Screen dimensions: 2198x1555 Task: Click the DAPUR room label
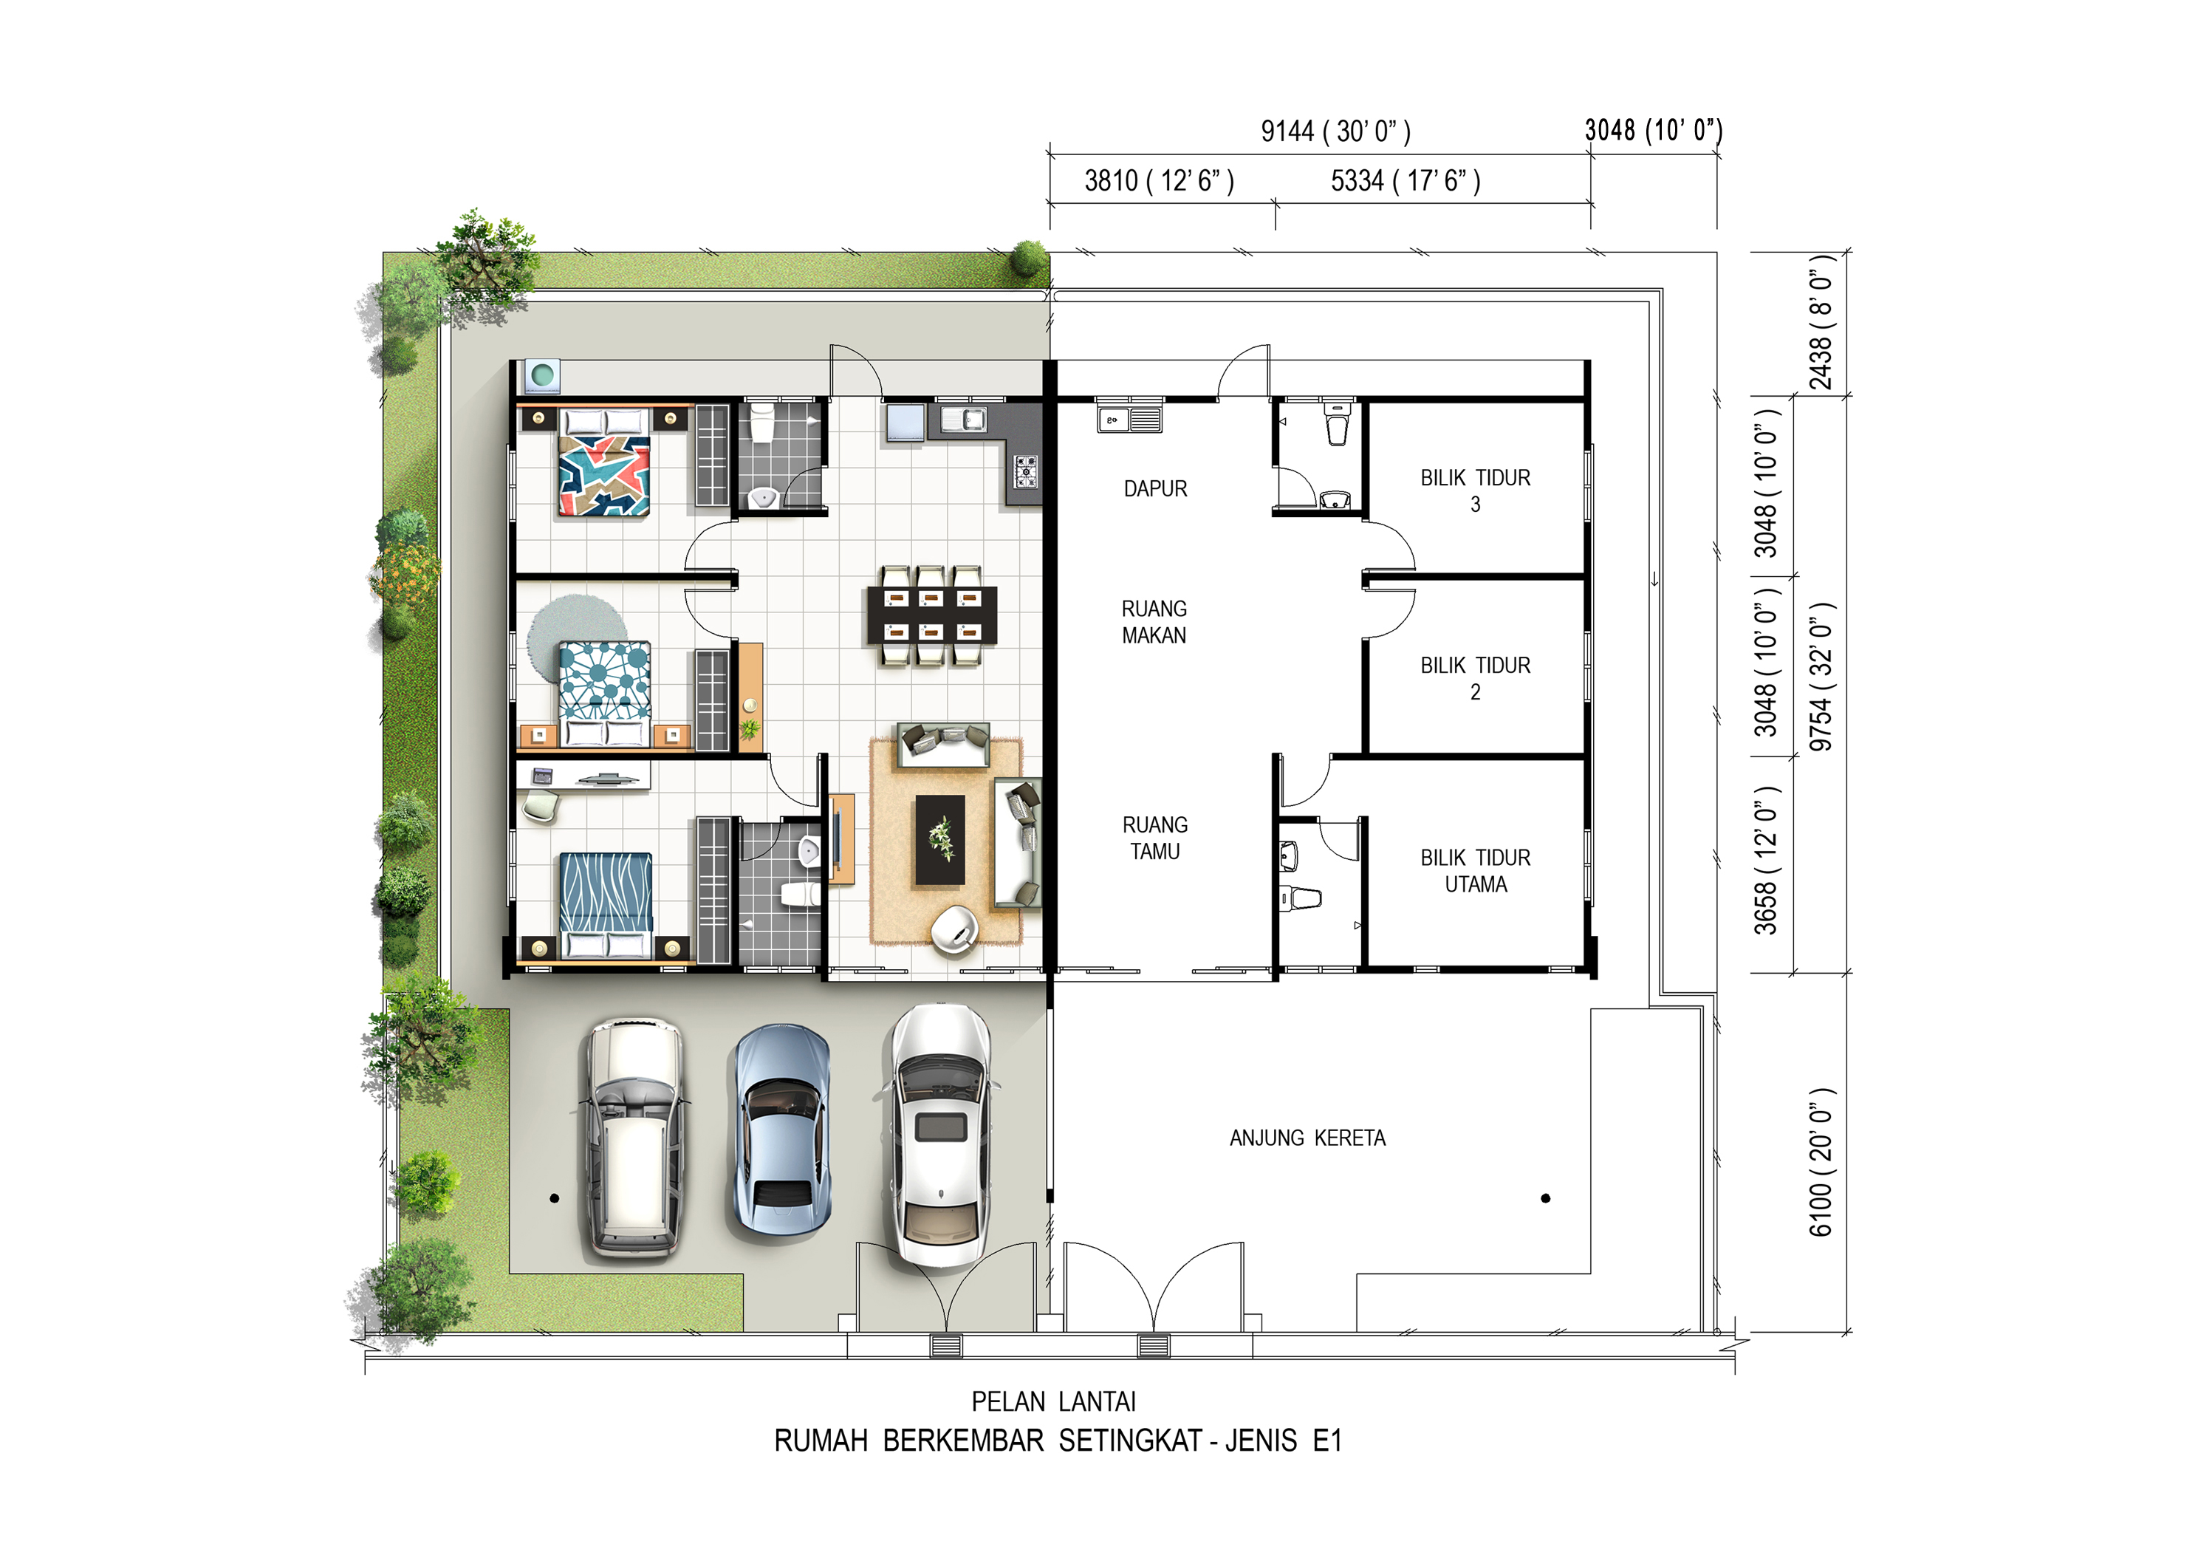(x=1155, y=489)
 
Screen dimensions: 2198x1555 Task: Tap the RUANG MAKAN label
(x=1154, y=623)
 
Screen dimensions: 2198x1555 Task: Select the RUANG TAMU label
(x=1155, y=838)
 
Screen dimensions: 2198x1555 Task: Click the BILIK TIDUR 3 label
(x=1475, y=491)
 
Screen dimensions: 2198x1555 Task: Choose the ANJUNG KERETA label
(x=1308, y=1138)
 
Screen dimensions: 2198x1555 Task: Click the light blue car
(x=781, y=1129)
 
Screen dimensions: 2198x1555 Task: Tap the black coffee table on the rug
(x=940, y=841)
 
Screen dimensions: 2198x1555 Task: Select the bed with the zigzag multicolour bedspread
(x=604, y=462)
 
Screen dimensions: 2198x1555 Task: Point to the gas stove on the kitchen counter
(x=1025, y=471)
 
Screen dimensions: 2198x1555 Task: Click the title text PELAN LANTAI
(x=1053, y=1402)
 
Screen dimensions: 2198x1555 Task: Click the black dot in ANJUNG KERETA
(x=1545, y=1199)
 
